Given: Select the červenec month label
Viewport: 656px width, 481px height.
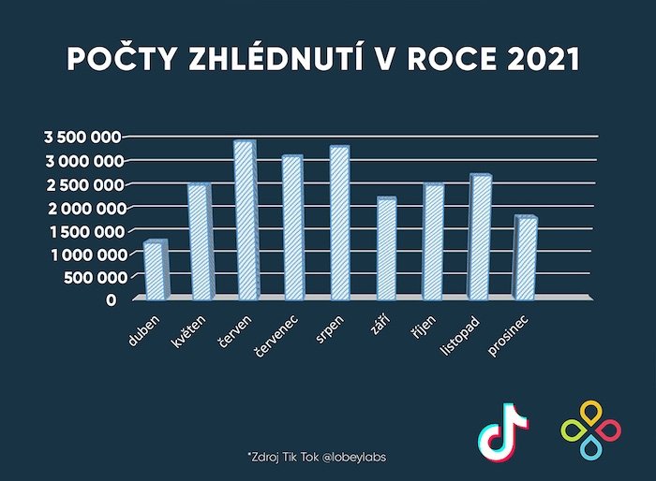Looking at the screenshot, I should [x=277, y=339].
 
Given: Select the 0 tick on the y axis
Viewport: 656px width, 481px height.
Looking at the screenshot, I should [x=111, y=299].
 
